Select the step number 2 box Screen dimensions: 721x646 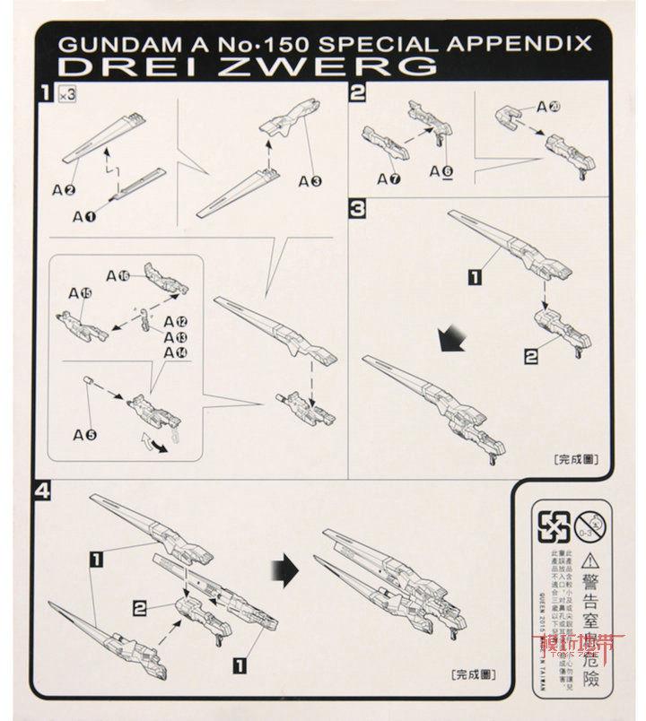coord(358,91)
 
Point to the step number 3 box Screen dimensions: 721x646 coord(358,209)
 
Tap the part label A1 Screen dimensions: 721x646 coord(83,215)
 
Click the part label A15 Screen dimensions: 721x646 coord(79,291)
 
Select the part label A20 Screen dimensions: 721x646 coord(549,107)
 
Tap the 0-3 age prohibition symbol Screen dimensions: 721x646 coord(588,522)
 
